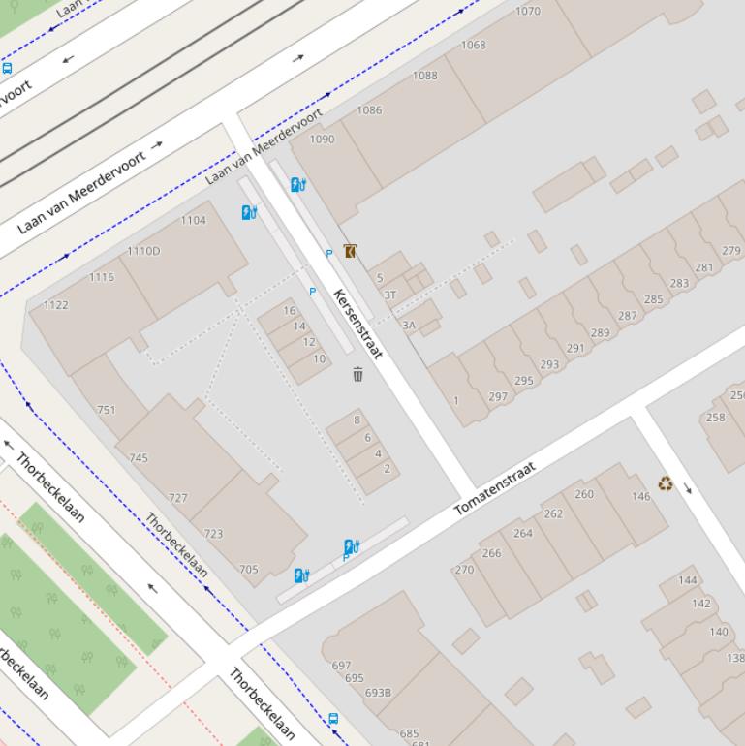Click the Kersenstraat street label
357,323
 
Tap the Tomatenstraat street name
495,488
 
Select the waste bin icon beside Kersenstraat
357,374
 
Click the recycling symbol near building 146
666,483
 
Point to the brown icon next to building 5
350,251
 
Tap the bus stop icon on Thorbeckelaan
333,719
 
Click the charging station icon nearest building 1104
249,212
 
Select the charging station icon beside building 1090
298,184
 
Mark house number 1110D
143,252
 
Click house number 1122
55,305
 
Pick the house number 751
107,410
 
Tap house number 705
249,570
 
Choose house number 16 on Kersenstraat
289,311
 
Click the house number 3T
389,295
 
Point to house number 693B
378,693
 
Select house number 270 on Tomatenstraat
464,570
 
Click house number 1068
474,46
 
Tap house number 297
498,397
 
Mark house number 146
641,497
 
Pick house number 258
715,418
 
